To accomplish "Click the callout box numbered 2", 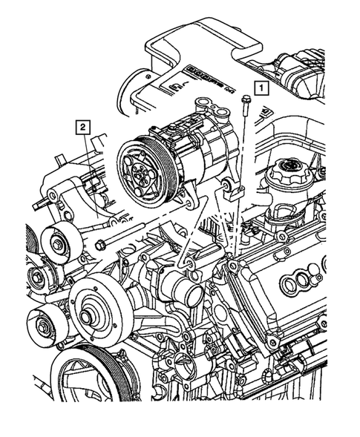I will pos(84,127).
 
